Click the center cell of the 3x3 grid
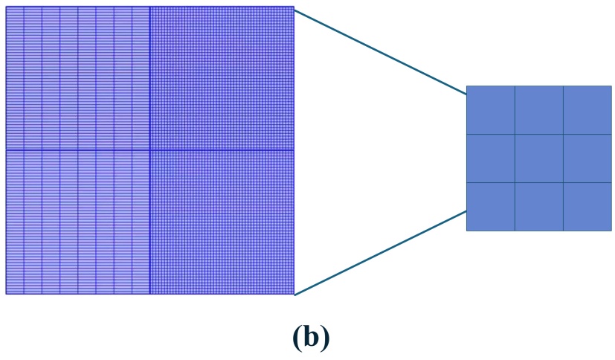tap(538, 158)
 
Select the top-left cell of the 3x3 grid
tap(490, 110)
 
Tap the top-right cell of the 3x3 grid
tap(587, 110)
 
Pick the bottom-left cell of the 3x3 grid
tap(490, 206)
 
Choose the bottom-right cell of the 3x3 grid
tap(587, 206)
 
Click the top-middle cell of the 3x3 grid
tap(538, 110)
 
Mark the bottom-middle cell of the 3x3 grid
tap(538, 206)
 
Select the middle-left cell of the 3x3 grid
tap(490, 158)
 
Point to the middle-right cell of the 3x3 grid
tap(587, 158)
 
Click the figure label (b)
tap(311, 337)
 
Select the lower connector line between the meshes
tap(380, 253)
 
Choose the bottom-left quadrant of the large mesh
tap(78, 222)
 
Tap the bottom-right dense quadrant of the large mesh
tap(222, 222)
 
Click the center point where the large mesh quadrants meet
tap(150, 150)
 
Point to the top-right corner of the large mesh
tap(294, 7)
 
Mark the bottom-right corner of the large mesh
tap(294, 294)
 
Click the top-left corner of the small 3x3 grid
tap(467, 86)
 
